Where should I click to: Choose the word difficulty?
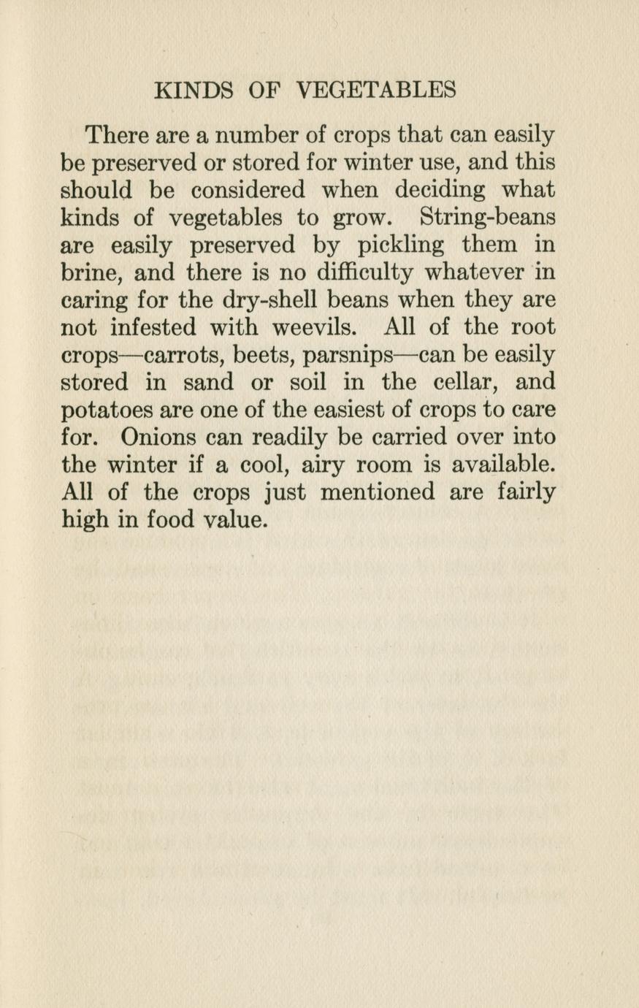[x=365, y=272]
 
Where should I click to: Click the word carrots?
[x=185, y=355]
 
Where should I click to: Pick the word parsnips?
[x=348, y=356]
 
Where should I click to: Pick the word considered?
[x=248, y=190]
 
